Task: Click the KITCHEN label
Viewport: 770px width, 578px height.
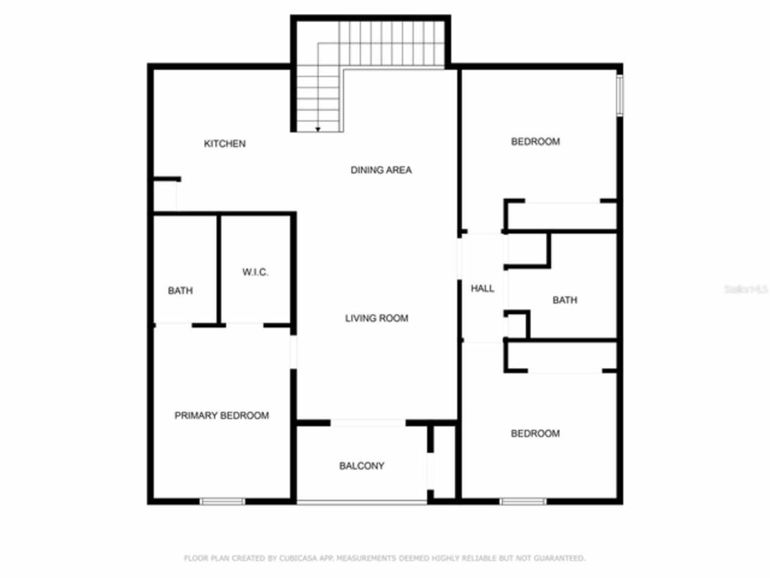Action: [224, 144]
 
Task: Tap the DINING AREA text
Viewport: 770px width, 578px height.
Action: [381, 170]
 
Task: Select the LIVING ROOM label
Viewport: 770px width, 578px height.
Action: [377, 319]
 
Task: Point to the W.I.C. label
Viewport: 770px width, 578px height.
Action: [255, 273]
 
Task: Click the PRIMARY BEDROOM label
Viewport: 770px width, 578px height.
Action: [221, 416]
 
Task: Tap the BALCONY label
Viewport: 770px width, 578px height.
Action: [362, 466]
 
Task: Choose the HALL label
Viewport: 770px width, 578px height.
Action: [482, 289]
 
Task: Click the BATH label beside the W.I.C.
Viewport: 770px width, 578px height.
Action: [180, 291]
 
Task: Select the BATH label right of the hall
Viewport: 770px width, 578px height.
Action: [564, 300]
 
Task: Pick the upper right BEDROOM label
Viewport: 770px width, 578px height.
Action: [535, 142]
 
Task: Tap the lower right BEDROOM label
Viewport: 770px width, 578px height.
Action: [535, 433]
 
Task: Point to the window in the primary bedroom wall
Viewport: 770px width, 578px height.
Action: [222, 501]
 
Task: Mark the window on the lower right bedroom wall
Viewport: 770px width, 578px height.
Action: [523, 501]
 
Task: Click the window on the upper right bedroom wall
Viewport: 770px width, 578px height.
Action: [620, 95]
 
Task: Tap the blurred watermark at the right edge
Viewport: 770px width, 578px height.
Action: [746, 290]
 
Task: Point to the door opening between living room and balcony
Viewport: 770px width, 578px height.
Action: [368, 423]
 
